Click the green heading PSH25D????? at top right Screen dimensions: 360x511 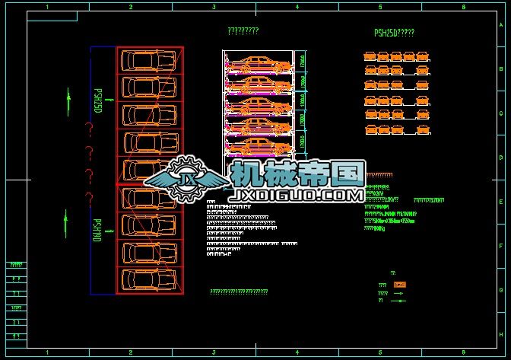(394, 33)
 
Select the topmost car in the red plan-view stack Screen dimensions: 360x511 (149, 60)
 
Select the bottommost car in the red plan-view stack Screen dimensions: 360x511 (149, 280)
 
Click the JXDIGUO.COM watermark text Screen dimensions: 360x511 (297, 196)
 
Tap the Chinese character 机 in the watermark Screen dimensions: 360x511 (249, 174)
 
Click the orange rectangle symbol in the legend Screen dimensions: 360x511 (400, 285)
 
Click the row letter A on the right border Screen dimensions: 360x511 (500, 25)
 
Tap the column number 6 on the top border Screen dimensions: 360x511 (462, 7)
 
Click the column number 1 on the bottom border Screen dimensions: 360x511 (48, 353)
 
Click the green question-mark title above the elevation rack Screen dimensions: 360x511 (243, 31)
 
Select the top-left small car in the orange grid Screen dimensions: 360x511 (370, 56)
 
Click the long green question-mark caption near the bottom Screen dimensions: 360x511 (239, 292)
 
